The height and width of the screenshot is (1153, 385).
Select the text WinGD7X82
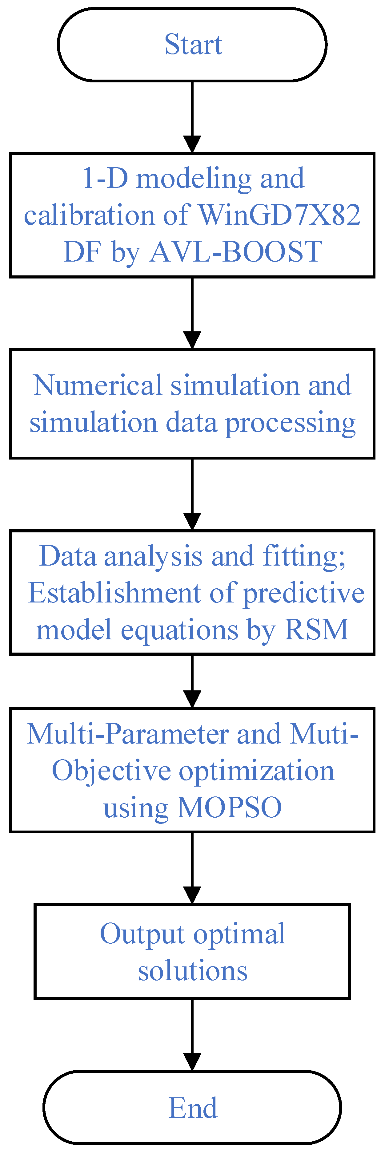click(x=279, y=215)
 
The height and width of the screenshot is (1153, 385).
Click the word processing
click(x=290, y=423)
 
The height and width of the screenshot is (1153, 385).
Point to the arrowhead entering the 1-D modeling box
click(x=192, y=144)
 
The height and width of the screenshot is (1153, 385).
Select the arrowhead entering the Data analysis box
click(x=192, y=521)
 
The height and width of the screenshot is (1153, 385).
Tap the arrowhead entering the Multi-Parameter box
click(x=192, y=699)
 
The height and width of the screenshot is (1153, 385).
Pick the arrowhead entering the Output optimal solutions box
click(x=192, y=895)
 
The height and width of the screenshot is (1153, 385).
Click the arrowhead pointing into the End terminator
click(x=192, y=1062)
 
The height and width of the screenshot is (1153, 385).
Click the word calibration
click(x=89, y=215)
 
